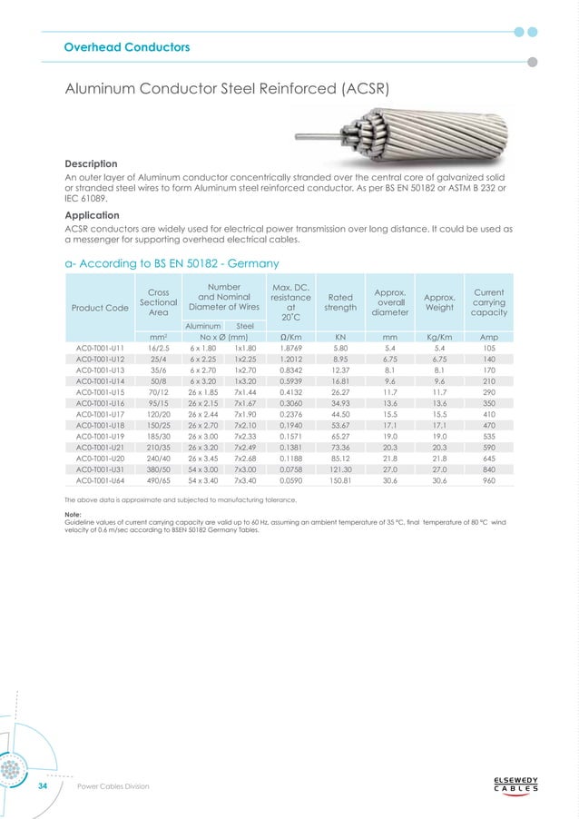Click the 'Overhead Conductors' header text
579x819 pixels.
pos(126,46)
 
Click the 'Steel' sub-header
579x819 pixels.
pos(245,324)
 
